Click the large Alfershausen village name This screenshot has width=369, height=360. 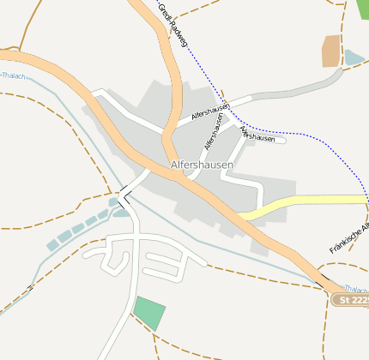tap(202, 164)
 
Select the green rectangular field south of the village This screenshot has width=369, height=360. tap(149, 312)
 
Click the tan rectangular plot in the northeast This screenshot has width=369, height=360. tap(331, 51)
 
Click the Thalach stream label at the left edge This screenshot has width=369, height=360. tap(12, 75)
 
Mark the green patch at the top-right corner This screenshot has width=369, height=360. tap(362, 9)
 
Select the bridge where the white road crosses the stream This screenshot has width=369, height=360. tap(124, 199)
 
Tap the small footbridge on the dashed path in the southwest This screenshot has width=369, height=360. tap(29, 288)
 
